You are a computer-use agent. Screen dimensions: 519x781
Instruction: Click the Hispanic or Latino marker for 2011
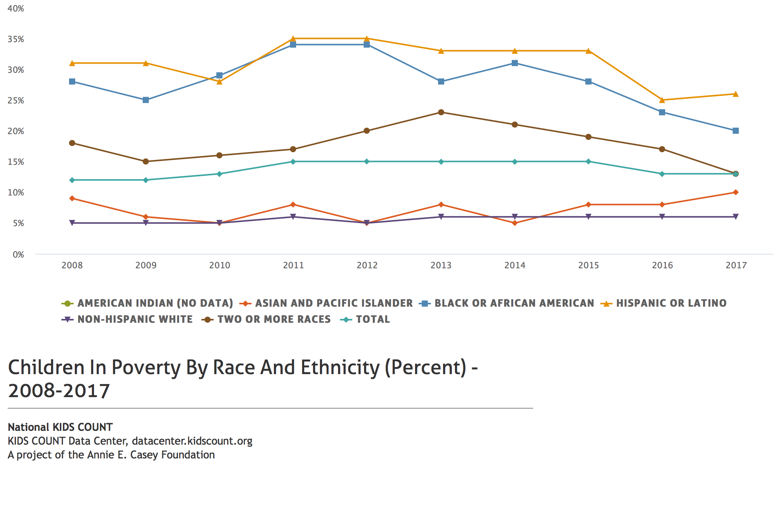coord(293,38)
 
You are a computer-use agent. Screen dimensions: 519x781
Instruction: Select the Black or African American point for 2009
coord(146,100)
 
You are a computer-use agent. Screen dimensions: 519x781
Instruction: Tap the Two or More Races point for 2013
coord(441,112)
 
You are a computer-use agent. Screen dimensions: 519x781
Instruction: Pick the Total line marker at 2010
coord(219,174)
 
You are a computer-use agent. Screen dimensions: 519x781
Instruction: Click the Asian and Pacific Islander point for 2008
coord(72,199)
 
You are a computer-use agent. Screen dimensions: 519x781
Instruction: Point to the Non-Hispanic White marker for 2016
coord(662,217)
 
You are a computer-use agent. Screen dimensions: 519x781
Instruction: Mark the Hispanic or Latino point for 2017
coord(736,94)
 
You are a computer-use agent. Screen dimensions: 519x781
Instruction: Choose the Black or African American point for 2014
coord(515,63)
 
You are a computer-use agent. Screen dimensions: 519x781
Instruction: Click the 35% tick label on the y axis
coord(16,39)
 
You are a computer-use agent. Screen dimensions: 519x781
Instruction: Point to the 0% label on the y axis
coord(18,255)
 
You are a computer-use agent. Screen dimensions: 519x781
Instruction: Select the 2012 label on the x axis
coord(367,265)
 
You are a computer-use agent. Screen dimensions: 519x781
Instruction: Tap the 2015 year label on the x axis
coord(588,265)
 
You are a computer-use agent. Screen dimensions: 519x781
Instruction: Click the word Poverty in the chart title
coord(146,368)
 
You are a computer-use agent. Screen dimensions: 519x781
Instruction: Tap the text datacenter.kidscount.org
coord(192,441)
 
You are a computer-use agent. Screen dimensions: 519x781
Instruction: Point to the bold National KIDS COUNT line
coord(60,427)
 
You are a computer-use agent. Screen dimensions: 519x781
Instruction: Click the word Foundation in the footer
coord(188,455)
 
